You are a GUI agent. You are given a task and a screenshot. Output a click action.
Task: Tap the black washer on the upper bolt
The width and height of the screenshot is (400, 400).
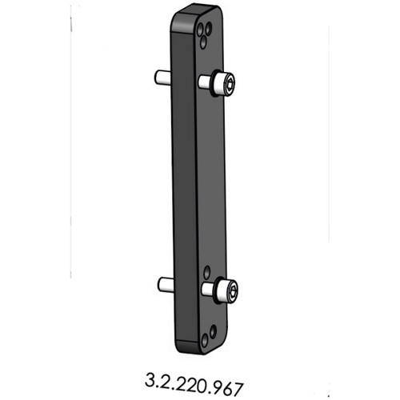point(217,83)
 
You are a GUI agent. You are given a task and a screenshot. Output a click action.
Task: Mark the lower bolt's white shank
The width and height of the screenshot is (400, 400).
point(207,287)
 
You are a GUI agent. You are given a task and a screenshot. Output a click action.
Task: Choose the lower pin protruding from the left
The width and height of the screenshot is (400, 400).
point(166,283)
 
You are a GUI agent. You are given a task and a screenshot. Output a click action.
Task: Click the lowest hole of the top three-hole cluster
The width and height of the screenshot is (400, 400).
point(206,34)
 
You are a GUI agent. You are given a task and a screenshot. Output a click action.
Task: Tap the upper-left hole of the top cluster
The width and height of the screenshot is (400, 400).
point(202,26)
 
